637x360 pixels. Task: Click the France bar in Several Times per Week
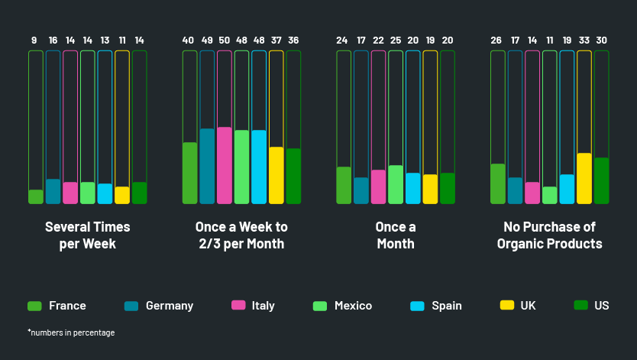click(36, 196)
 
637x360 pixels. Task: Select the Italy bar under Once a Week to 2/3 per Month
click(224, 165)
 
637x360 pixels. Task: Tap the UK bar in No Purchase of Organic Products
click(584, 178)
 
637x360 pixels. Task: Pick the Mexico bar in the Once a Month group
click(396, 184)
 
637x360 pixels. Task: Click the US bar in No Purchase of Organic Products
click(602, 180)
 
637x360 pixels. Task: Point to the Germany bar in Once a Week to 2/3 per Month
click(207, 166)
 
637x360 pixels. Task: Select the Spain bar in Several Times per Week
click(105, 193)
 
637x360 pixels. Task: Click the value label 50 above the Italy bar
click(224, 41)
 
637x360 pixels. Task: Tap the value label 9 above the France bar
click(34, 41)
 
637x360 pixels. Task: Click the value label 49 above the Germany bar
click(207, 41)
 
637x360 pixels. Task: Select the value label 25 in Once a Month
click(396, 41)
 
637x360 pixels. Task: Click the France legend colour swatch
click(34, 306)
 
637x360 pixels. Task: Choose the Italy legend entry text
click(263, 306)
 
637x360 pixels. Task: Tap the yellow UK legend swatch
click(506, 306)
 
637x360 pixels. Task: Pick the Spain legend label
click(447, 306)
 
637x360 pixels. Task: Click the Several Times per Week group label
click(88, 235)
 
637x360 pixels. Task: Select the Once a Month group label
click(396, 235)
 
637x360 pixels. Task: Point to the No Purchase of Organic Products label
click(549, 235)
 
